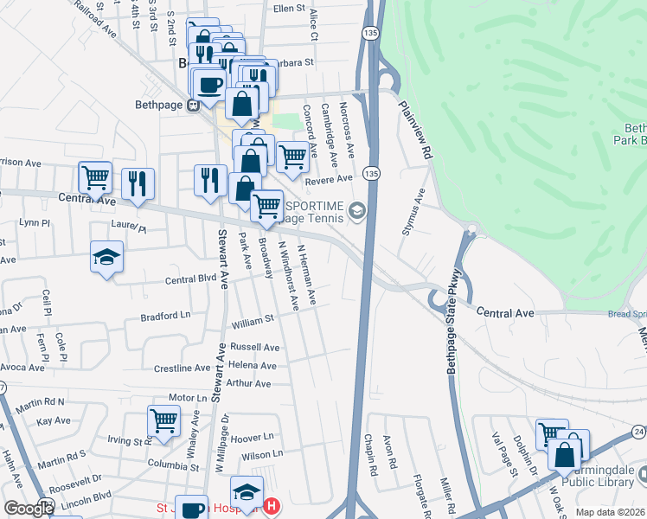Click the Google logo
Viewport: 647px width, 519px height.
(28, 509)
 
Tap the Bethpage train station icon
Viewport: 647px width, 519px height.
(193, 106)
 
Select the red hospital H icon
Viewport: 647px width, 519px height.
(272, 506)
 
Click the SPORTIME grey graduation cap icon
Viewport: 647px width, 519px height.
(356, 210)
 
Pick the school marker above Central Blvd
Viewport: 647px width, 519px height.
(107, 257)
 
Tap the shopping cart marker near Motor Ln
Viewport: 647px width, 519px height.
(163, 421)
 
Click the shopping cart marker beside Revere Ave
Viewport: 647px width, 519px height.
(293, 157)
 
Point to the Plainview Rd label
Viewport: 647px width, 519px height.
(415, 127)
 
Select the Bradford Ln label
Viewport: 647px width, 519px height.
(165, 317)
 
